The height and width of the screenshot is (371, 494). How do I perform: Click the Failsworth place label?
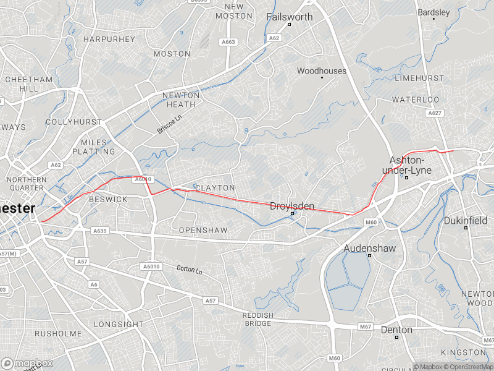(x=290, y=17)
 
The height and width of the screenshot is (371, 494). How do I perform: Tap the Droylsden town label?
(x=293, y=206)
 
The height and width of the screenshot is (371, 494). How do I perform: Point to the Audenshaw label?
(x=369, y=247)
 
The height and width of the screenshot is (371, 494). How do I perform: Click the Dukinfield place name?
(x=466, y=220)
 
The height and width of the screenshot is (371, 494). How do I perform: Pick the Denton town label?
(x=396, y=330)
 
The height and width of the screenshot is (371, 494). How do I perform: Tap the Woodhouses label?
(x=322, y=71)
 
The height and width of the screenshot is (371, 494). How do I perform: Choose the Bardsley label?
(x=434, y=12)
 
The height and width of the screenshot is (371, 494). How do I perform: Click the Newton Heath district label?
(x=181, y=100)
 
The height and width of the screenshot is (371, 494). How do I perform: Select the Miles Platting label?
(x=94, y=147)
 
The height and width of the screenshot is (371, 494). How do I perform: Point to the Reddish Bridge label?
(x=257, y=320)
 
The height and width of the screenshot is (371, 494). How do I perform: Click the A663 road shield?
(x=228, y=42)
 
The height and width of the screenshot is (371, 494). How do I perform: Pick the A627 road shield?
(x=435, y=113)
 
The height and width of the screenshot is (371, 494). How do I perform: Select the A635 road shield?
(x=99, y=231)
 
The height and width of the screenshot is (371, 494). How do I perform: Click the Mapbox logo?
(x=27, y=364)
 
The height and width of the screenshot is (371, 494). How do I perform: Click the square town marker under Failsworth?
(x=289, y=25)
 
